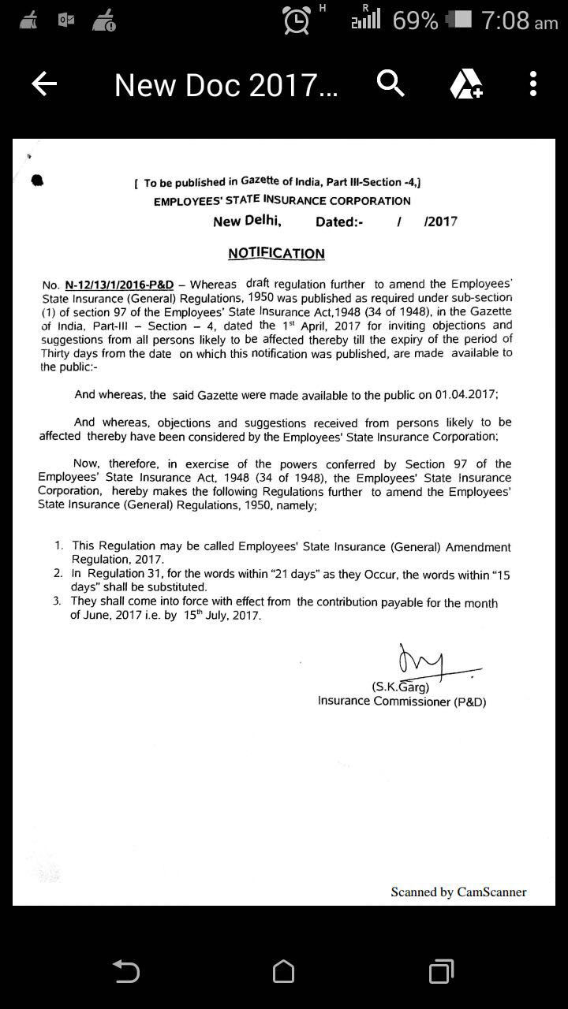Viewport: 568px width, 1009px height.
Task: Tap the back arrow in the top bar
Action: click(44, 84)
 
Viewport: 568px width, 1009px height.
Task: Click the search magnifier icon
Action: click(390, 83)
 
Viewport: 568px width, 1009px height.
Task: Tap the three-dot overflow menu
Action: click(533, 84)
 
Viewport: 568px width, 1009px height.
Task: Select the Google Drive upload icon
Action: click(465, 84)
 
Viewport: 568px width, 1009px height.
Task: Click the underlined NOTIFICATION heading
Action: click(276, 253)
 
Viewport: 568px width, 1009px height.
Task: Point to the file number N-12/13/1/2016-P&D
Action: click(119, 284)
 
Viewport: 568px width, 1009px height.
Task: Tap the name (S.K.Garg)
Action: click(400, 687)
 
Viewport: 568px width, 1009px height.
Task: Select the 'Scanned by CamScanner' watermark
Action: click(458, 892)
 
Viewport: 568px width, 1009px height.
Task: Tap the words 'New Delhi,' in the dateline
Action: click(247, 222)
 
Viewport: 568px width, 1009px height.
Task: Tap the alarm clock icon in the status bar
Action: click(297, 20)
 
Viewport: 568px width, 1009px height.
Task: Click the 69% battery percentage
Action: click(415, 20)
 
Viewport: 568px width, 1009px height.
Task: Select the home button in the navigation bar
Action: click(284, 972)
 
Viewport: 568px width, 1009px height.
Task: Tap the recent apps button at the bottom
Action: click(442, 972)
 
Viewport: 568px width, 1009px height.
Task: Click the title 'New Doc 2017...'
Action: click(226, 84)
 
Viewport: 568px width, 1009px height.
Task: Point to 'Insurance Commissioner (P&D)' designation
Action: click(402, 701)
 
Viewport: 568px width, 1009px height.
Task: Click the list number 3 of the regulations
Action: click(57, 601)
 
